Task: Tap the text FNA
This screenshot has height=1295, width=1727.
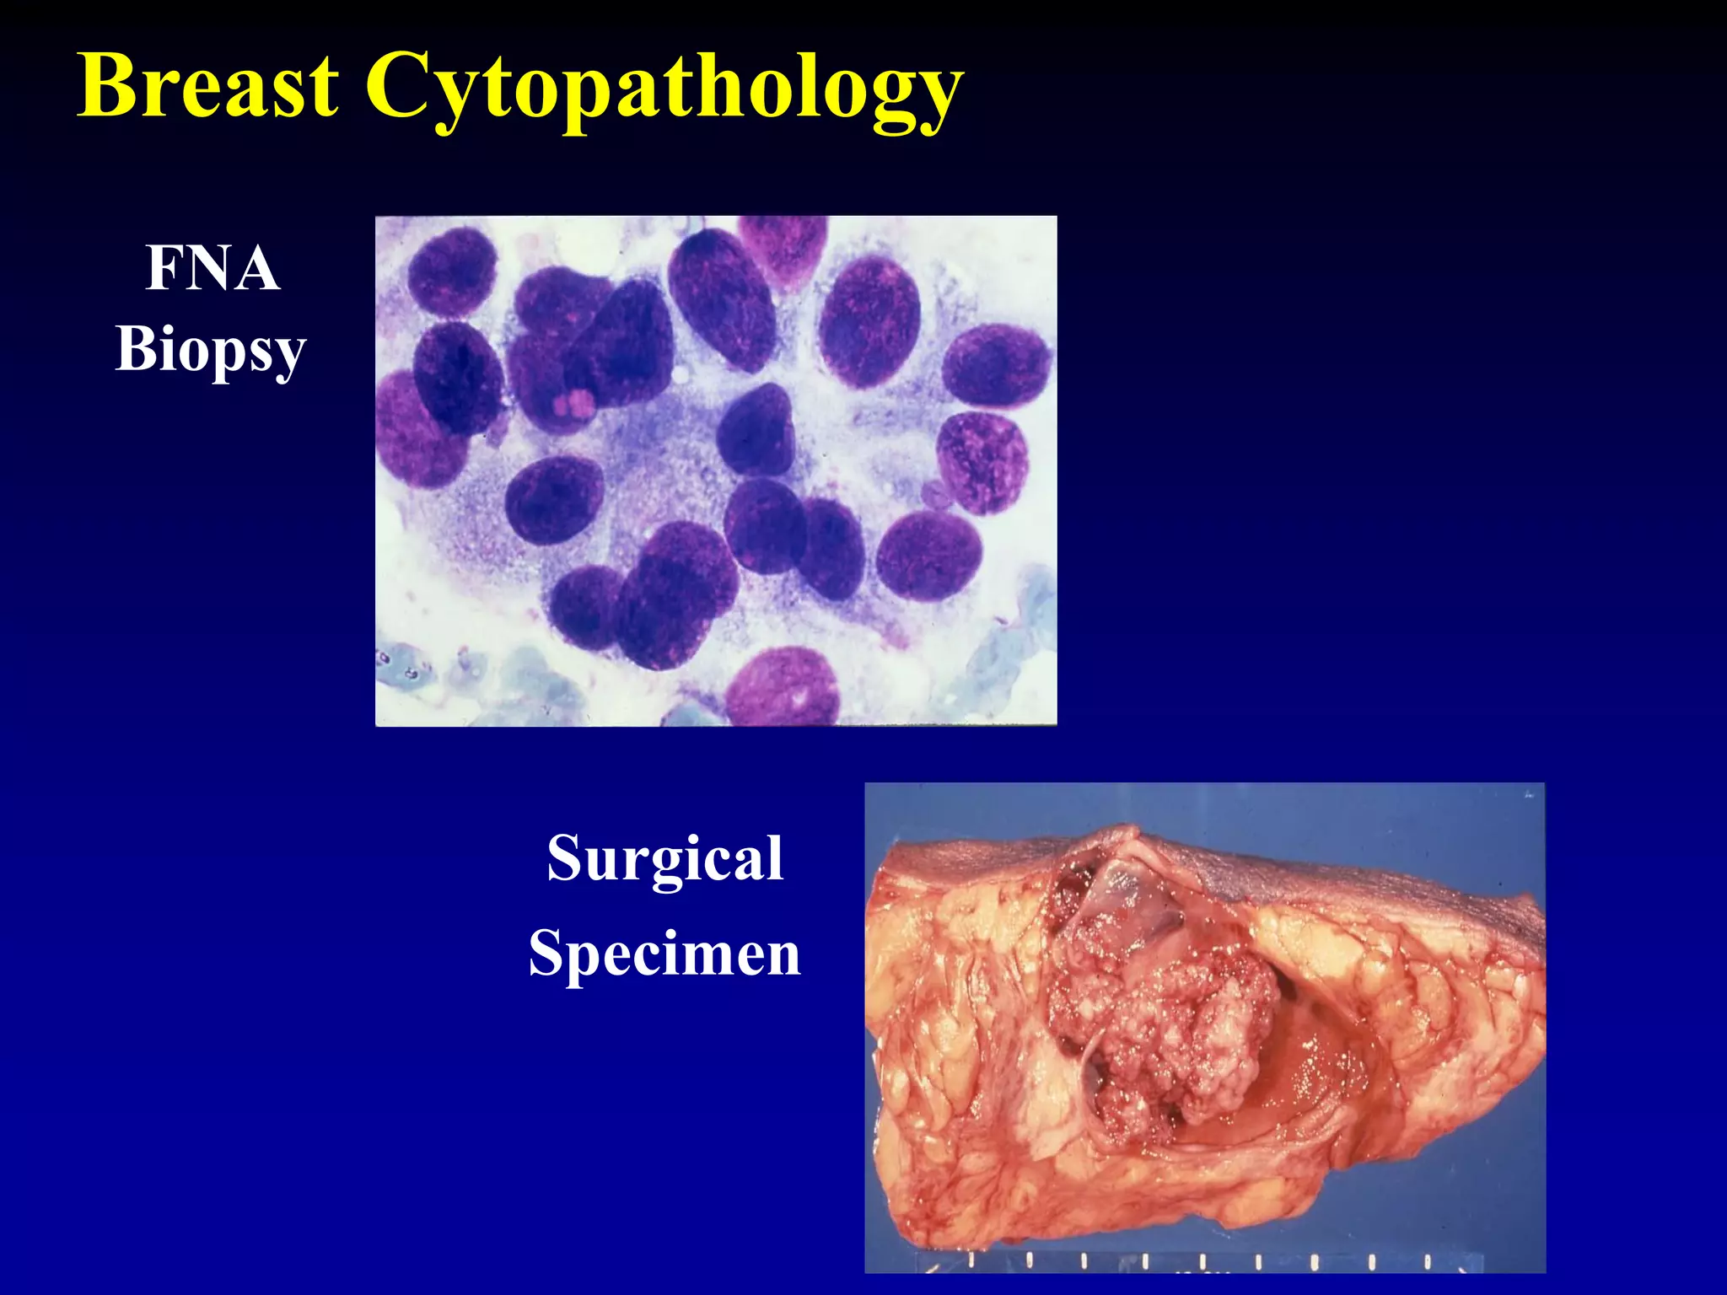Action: (212, 268)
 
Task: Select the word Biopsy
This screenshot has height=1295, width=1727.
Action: (210, 349)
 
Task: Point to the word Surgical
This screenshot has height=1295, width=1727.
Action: (664, 858)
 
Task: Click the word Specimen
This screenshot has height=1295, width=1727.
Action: (664, 954)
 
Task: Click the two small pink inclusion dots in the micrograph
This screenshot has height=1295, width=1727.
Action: (573, 404)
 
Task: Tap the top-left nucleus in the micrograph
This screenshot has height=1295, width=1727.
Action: (452, 271)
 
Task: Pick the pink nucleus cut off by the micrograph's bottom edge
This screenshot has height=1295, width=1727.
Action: (783, 688)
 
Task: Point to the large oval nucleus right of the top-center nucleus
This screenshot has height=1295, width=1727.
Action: (869, 322)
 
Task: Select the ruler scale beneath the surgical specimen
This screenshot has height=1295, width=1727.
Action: (1197, 1262)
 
